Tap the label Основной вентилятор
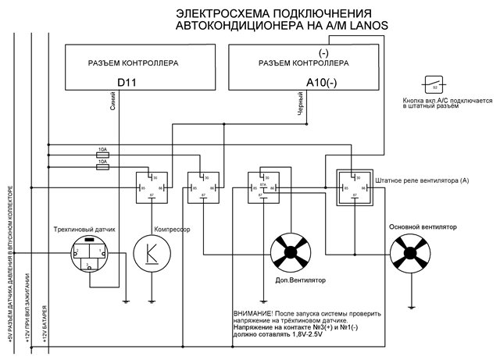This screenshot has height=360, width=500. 422,226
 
